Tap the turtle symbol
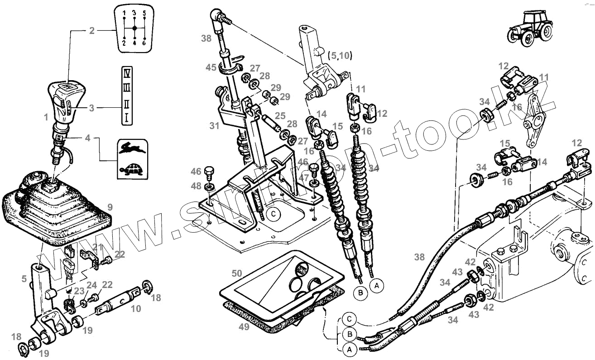[132, 171]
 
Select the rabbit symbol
[133, 147]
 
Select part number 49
[244, 326]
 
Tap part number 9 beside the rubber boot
[110, 208]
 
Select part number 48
[196, 186]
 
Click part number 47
[302, 178]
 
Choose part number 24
[91, 285]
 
